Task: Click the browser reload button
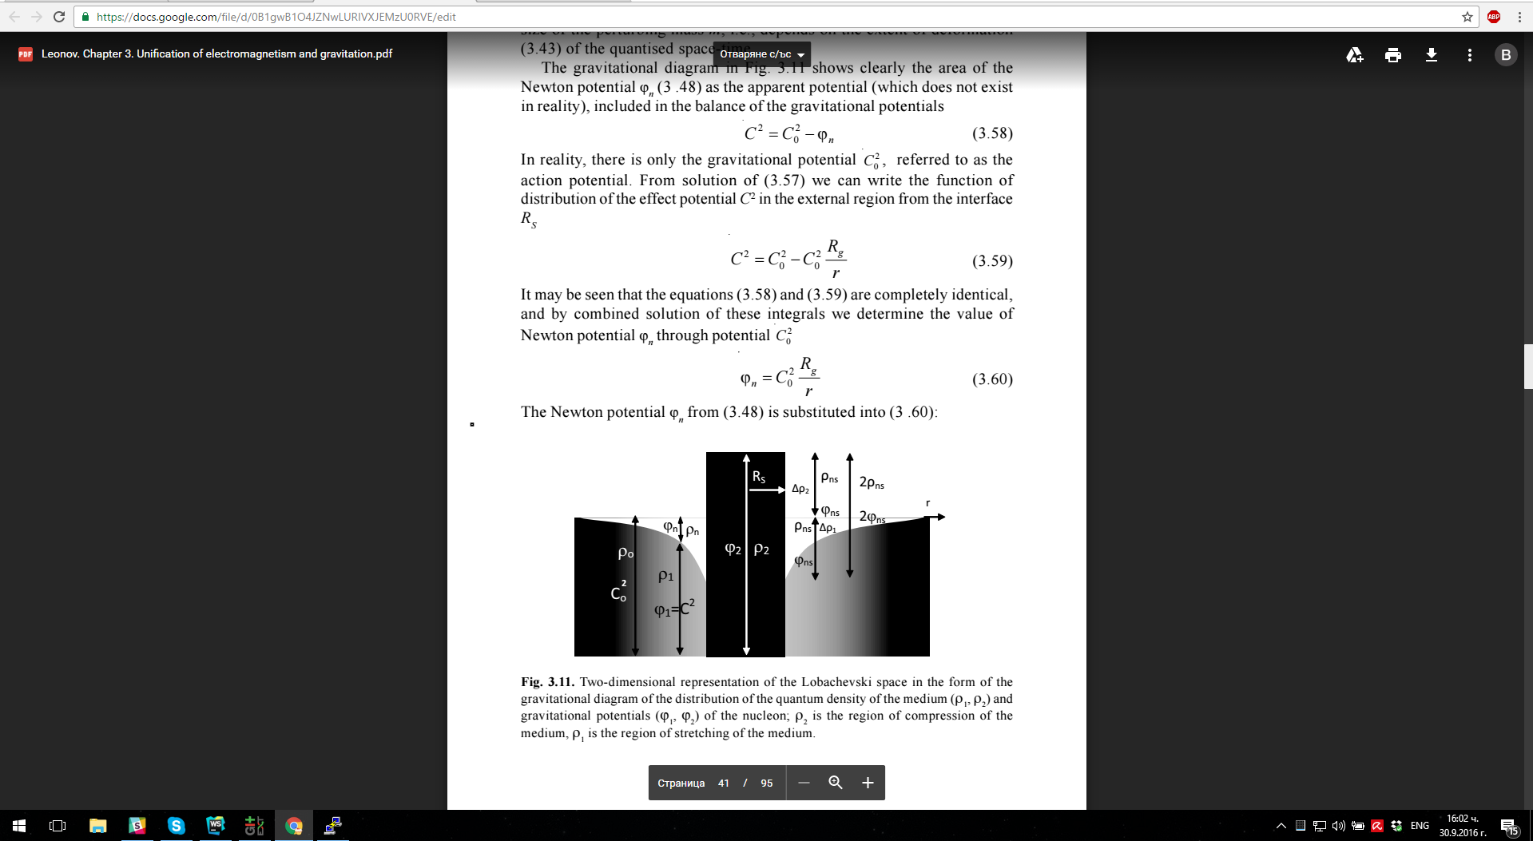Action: [59, 17]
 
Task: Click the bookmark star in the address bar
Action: [1467, 17]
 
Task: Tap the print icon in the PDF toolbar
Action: [1393, 54]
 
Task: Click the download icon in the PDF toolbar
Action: [1432, 54]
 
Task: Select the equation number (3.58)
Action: [992, 133]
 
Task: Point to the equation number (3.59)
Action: [992, 261]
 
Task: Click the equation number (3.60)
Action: [992, 379]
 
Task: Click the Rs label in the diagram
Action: [759, 477]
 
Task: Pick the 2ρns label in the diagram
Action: [872, 482]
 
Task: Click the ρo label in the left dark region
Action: [626, 553]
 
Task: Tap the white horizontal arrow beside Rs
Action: [768, 490]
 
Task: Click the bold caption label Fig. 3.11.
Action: [547, 682]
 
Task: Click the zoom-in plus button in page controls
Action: [868, 783]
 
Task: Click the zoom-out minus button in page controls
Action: [804, 783]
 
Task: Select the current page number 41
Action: [724, 783]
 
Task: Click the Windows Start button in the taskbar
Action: [19, 826]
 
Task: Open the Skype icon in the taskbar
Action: [176, 826]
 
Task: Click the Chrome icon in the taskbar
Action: [294, 826]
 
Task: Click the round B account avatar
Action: [1506, 54]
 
